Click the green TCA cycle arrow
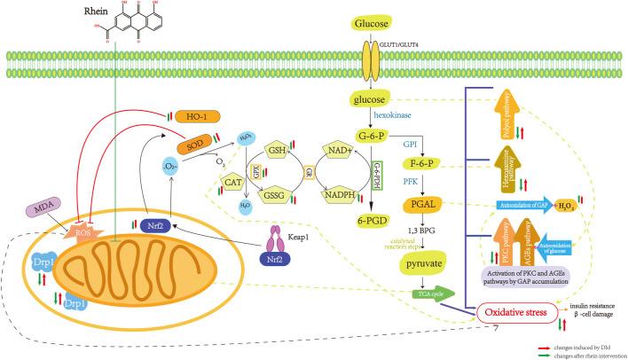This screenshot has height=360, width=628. pyautogui.click(x=432, y=296)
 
